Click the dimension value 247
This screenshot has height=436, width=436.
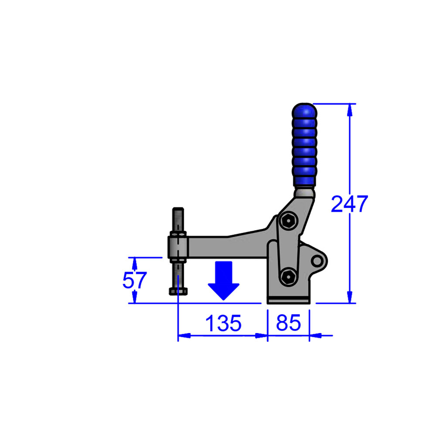tap(349, 204)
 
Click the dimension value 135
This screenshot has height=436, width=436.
tap(223, 323)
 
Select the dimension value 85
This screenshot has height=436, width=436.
tap(288, 323)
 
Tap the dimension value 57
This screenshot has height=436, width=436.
tap(134, 280)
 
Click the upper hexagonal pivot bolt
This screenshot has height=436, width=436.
tap(288, 221)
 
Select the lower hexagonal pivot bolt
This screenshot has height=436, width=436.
tap(289, 276)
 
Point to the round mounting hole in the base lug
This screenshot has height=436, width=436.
tap(317, 261)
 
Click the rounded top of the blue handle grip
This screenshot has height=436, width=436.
tap(304, 111)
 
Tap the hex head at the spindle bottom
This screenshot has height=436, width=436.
tap(178, 291)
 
